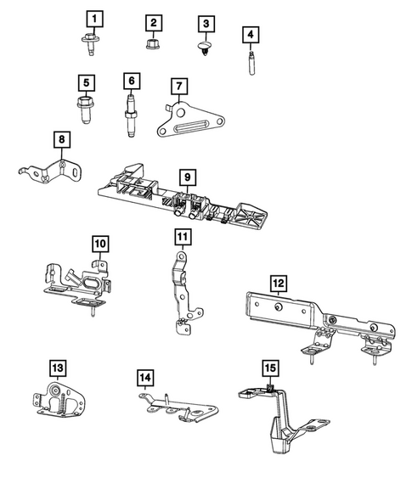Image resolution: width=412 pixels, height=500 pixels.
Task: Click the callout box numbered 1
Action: pos(95,17)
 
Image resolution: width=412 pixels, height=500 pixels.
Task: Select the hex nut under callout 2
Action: pos(153,42)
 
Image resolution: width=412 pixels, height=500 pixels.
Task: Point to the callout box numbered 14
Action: pos(145,376)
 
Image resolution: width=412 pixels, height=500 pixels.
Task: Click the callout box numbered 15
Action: pos(269,368)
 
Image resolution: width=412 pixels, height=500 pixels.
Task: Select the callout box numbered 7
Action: pos(177,86)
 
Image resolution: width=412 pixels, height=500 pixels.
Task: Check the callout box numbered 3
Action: pos(206,22)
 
